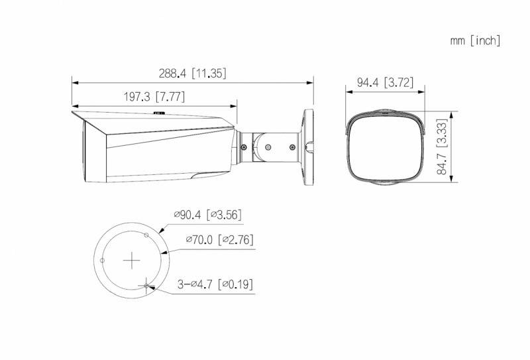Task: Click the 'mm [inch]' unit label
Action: click(475, 41)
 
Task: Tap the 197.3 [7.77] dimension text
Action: click(154, 97)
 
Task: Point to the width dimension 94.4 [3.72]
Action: click(385, 83)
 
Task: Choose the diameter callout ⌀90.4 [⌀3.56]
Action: click(207, 214)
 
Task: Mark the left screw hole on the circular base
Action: click(102, 261)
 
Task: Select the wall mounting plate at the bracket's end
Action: click(309, 146)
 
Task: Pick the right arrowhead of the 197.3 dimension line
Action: click(234, 105)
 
